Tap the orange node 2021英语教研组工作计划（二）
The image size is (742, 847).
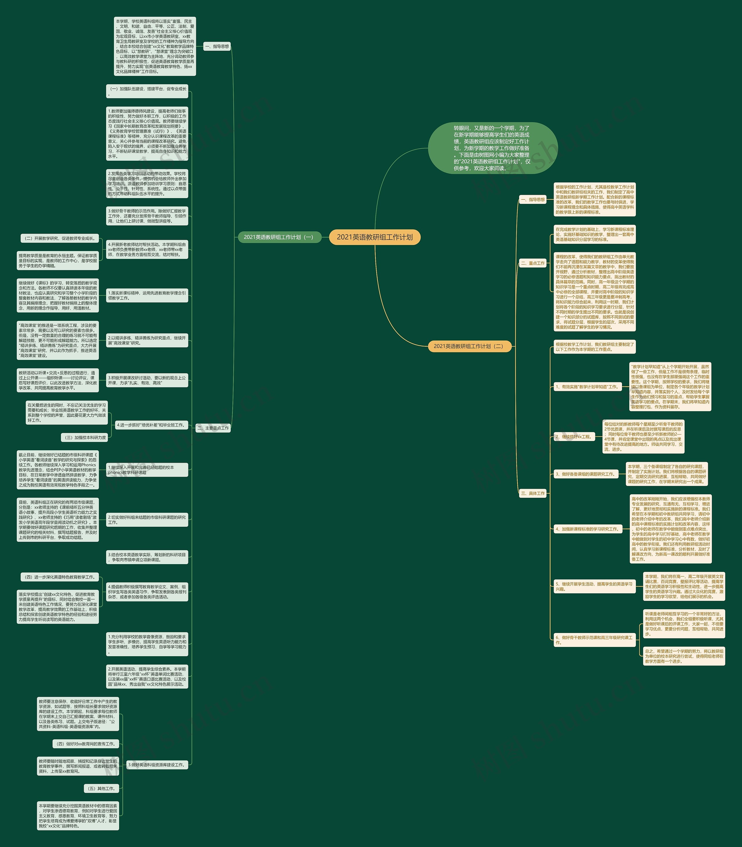tap(470, 346)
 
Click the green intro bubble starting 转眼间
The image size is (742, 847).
tap(492, 148)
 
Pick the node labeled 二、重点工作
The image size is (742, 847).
tap(533, 263)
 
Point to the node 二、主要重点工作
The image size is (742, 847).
tap(213, 428)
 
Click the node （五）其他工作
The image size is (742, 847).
tap(102, 788)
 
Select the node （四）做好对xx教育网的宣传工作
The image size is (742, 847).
tap(86, 744)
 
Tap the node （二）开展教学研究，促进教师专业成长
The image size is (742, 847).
tap(60, 238)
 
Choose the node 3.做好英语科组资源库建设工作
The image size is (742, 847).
tap(157, 765)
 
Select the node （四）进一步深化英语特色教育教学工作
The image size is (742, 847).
tap(60, 577)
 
